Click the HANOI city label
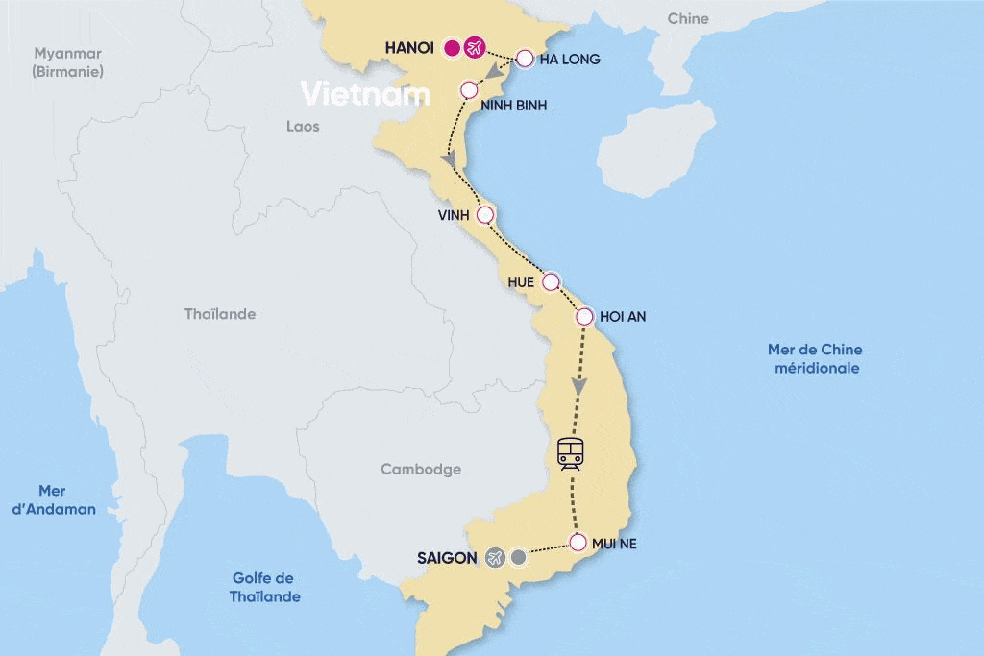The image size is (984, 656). tap(409, 47)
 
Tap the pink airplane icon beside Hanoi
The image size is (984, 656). tap(474, 47)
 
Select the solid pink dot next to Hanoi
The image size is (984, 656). tap(453, 47)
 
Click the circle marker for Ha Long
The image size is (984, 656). tap(525, 59)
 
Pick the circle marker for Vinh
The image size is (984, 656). tap(485, 215)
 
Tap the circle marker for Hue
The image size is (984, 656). tap(551, 281)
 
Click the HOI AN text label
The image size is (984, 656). tap(623, 316)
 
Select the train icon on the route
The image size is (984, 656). tap(571, 452)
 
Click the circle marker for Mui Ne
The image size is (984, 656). tap(578, 543)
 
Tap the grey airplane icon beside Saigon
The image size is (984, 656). tap(495, 557)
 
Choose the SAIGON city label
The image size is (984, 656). tap(447, 557)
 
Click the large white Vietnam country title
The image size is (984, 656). tap(365, 94)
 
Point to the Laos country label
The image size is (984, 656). tap(303, 126)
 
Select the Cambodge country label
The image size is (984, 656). tap(421, 470)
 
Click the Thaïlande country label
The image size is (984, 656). tap(220, 314)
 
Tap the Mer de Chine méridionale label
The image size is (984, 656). tap(816, 358)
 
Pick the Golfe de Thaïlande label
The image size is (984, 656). tap(264, 587)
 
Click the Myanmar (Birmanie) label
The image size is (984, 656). tap(67, 62)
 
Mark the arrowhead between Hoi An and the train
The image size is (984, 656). tap(578, 385)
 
